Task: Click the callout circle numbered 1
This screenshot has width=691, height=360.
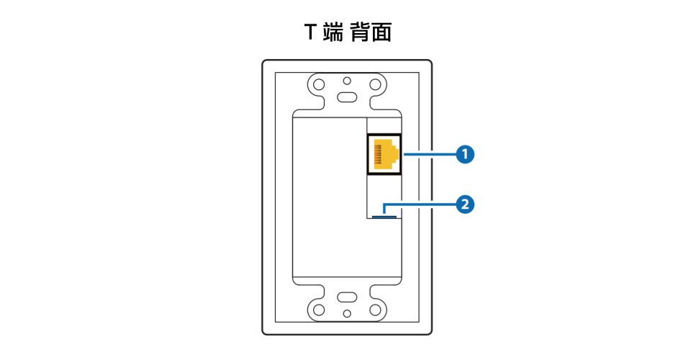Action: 465,154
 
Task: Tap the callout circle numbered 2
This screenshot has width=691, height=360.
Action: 465,204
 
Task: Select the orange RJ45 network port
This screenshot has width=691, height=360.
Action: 384,154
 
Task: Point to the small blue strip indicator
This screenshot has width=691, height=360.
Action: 384,217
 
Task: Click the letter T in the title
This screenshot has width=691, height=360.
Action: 311,32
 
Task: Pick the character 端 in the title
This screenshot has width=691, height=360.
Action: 333,32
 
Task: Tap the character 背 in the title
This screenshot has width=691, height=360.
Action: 360,32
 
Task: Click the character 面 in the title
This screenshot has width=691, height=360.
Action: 381,32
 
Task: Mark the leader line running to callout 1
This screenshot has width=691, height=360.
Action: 429,154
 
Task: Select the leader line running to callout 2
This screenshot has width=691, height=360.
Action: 420,204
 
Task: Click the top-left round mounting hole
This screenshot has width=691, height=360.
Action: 319,84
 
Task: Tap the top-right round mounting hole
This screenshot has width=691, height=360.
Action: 375,84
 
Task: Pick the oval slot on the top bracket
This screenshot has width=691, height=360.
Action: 347,97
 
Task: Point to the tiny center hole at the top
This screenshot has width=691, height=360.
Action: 347,81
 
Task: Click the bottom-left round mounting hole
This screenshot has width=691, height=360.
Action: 319,310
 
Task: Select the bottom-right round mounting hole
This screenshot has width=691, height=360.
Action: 375,310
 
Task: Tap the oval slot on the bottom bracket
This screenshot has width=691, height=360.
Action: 347,297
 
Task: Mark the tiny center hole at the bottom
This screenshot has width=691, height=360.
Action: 347,313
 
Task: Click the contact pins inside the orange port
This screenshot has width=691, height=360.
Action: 378,154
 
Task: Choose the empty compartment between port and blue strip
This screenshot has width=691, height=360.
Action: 384,194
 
